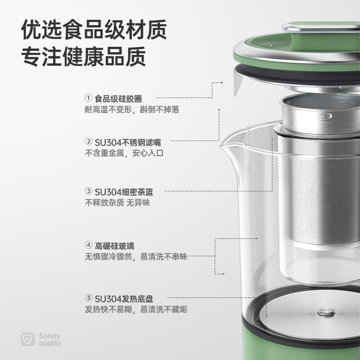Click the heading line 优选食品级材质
(94, 31)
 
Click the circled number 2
(89, 142)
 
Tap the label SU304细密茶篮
(124, 192)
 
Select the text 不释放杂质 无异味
(117, 203)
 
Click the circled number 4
(89, 246)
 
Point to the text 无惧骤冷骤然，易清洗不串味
(136, 257)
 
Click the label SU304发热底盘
(124, 298)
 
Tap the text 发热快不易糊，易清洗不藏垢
(136, 310)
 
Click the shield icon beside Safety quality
(27, 339)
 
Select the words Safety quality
(49, 340)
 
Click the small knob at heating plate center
(325, 311)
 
